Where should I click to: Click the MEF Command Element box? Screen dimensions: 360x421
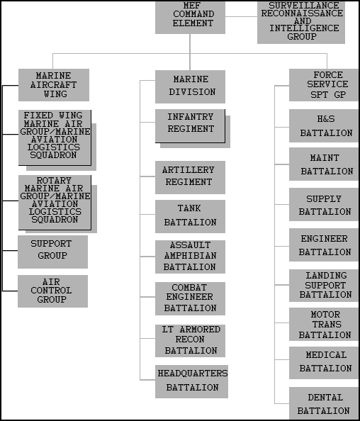coord(190,18)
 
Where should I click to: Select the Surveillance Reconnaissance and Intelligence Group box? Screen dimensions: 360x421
coord(301,22)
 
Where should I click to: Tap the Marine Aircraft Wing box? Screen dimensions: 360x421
coord(54,85)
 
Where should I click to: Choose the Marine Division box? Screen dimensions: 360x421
coord(190,86)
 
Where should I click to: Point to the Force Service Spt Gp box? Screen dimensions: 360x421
coord(323,85)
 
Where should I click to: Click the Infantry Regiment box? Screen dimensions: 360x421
coord(190,126)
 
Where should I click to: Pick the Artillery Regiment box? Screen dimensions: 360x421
coord(190,177)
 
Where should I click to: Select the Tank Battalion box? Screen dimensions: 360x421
coord(190,216)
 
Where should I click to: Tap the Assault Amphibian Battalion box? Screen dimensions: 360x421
coord(190,257)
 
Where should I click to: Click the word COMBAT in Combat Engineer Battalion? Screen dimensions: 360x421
coord(189,288)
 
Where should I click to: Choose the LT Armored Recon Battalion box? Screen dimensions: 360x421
coord(190,341)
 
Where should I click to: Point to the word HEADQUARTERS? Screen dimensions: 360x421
coord(193,374)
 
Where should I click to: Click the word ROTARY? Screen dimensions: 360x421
coord(54,180)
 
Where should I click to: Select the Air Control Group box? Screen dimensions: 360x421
coord(52,291)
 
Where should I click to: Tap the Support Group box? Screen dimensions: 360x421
coord(52,252)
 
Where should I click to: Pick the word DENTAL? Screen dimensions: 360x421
coord(325,398)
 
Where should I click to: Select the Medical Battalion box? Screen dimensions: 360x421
coord(323,363)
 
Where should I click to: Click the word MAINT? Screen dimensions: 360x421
coord(325,157)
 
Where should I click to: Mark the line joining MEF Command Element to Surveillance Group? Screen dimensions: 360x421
coord(241,16)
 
